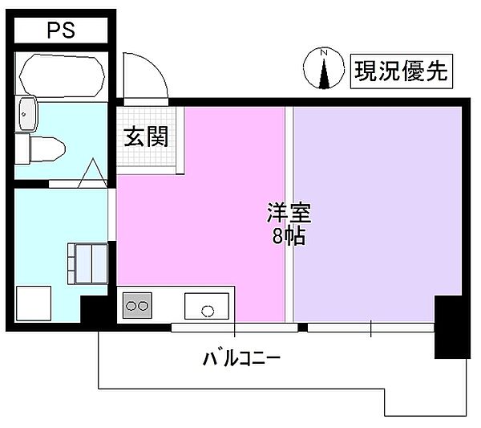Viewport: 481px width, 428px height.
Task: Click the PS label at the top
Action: coord(61,31)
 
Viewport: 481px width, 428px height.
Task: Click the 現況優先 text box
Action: coord(403,71)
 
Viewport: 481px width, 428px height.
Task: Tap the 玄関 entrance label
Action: coord(145,137)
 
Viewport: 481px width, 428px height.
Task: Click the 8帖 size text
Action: coord(289,237)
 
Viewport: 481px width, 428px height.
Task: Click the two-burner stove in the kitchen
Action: coord(136,306)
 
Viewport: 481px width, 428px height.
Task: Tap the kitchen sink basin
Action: coord(206,306)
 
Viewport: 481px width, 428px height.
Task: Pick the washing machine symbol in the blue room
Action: coord(86,263)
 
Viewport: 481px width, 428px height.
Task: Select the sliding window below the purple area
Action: coord(370,328)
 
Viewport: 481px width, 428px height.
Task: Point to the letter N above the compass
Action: coord(325,54)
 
